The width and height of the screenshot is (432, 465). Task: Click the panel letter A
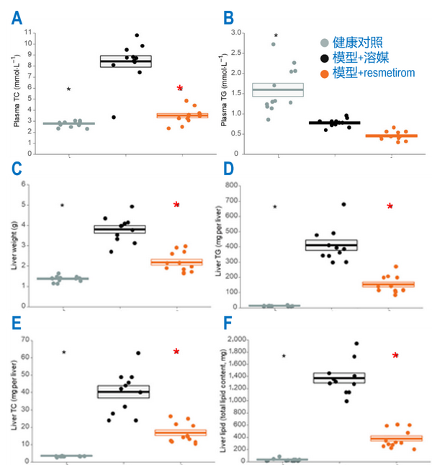click(x=16, y=15)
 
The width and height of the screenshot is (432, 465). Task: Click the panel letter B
click(x=228, y=15)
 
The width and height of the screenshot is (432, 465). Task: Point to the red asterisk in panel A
click(x=180, y=89)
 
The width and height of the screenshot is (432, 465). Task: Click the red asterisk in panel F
click(x=395, y=356)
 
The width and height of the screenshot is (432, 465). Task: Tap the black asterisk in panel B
click(x=276, y=35)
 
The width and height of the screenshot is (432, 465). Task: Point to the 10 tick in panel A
click(x=29, y=43)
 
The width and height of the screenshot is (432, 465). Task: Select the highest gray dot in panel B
click(x=273, y=44)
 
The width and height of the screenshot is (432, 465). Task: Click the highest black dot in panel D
click(x=344, y=204)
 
